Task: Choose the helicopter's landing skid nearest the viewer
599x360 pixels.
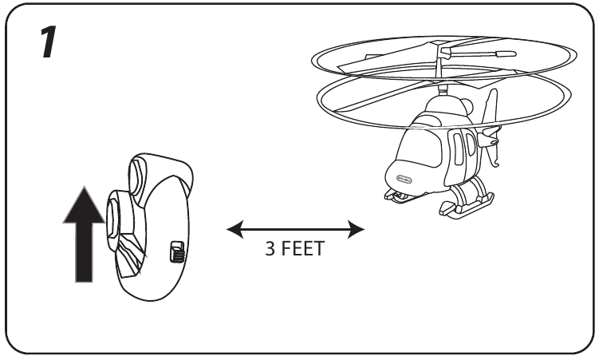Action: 459,209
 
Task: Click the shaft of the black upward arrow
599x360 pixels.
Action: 84,251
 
